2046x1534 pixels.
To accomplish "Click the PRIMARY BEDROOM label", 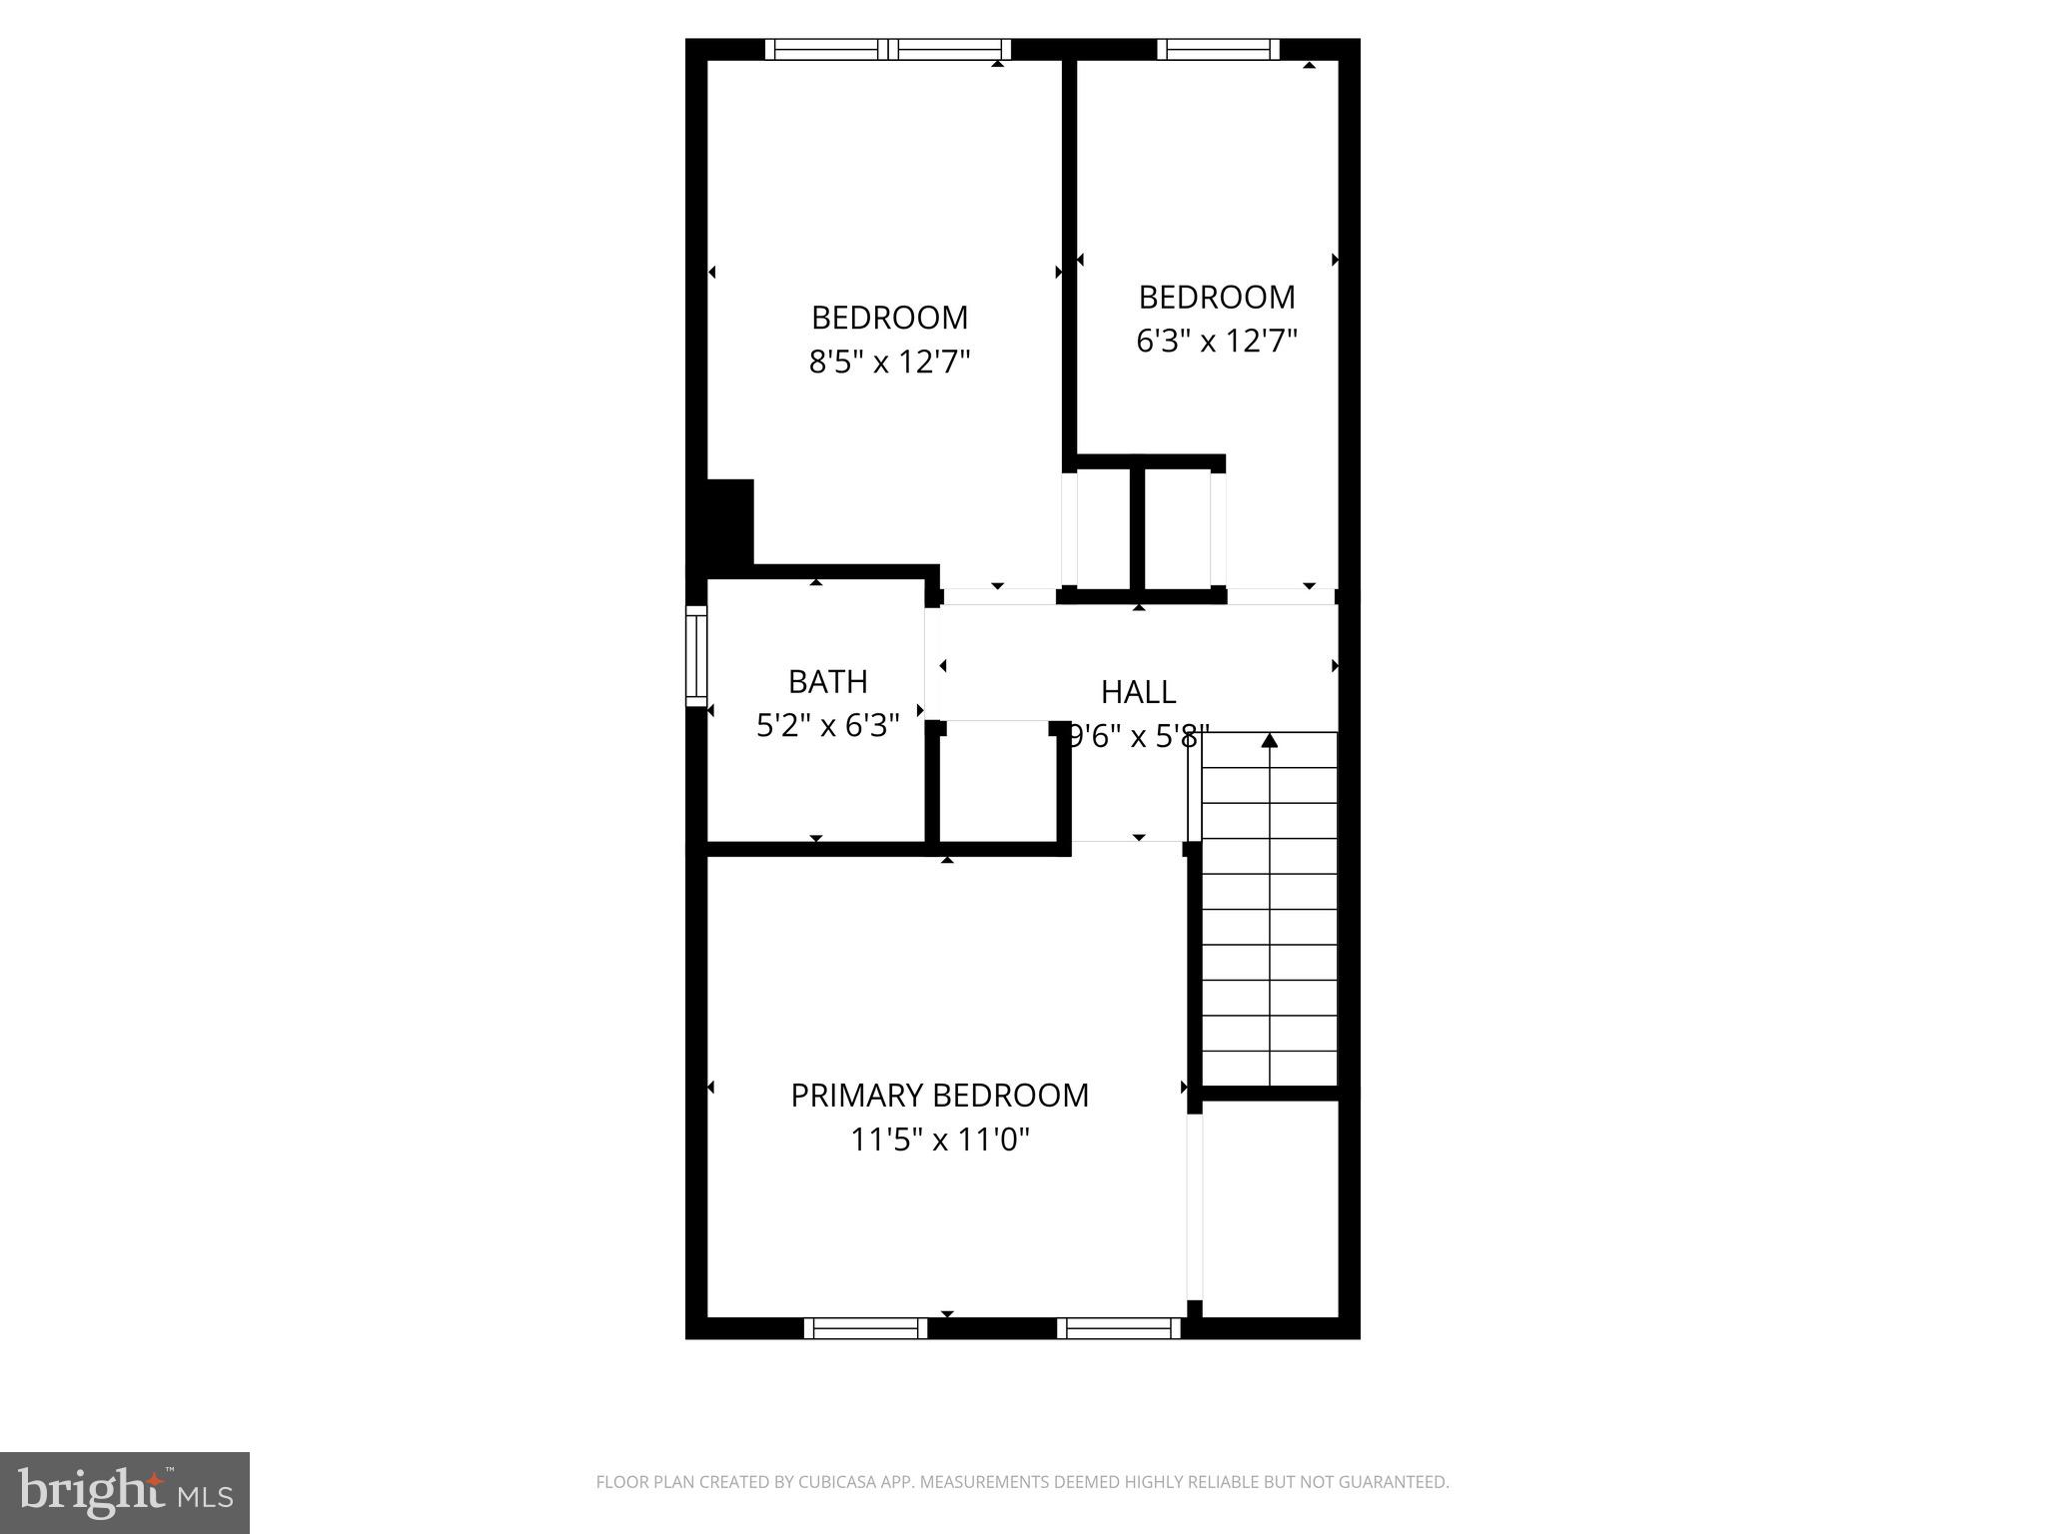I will coord(939,1096).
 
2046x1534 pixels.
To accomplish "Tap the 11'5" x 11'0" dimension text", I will coord(939,1140).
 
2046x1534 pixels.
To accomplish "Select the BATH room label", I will coord(827,682).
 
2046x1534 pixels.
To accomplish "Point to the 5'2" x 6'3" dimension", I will coord(827,726).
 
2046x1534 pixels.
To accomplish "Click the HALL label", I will coord(1138,692).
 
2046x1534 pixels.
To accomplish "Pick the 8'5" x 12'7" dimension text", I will coord(889,362).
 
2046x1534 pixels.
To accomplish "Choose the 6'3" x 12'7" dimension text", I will coord(1216,342).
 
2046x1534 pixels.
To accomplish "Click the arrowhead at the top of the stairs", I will coord(1269,741).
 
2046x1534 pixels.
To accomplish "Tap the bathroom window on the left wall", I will coord(696,655).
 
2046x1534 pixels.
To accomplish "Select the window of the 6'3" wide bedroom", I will coord(1218,49).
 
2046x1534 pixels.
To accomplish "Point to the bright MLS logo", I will coord(125,1493).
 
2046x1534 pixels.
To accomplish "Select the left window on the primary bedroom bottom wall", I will coord(866,1327).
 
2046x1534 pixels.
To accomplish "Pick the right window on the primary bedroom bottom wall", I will coord(1119,1327).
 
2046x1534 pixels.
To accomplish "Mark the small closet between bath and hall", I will coord(995,784).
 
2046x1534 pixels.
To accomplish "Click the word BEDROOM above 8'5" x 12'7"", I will coord(889,318).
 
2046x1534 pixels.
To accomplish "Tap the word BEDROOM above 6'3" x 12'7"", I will coord(1216,298).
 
